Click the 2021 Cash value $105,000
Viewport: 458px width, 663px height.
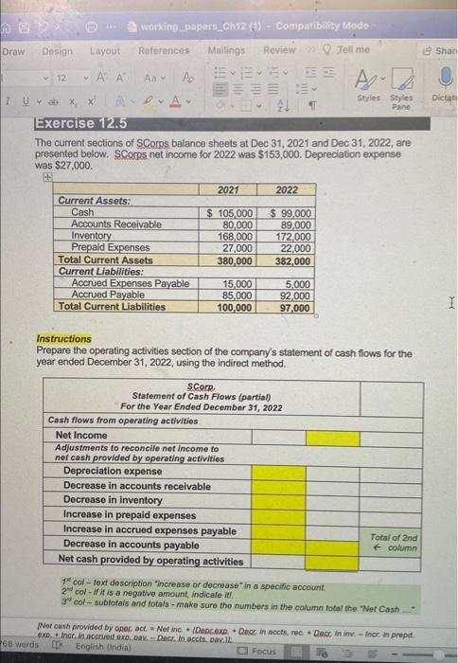click(231, 213)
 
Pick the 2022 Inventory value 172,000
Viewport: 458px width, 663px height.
click(294, 236)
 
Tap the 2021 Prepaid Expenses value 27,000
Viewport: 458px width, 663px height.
click(236, 248)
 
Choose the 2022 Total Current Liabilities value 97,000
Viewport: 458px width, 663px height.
click(295, 307)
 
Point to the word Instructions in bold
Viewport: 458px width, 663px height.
click(63, 339)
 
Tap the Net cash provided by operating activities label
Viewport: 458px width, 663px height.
click(149, 561)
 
